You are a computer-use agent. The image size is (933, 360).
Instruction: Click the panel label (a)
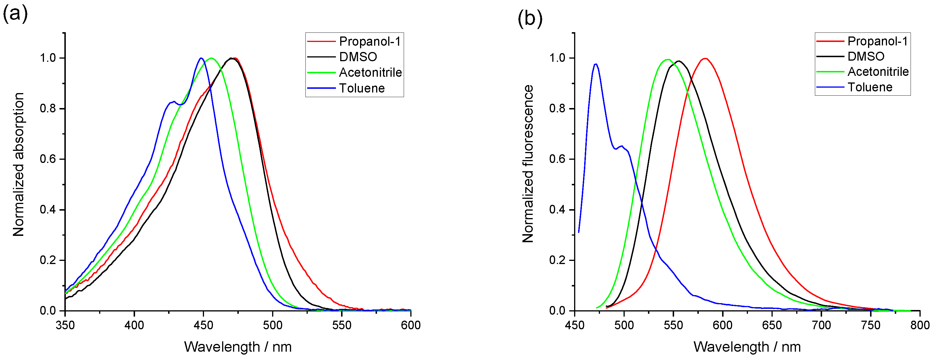[x=15, y=14]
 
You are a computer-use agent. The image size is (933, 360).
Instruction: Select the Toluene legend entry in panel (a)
[x=361, y=88]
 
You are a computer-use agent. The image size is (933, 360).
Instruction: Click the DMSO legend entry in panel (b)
[x=866, y=57]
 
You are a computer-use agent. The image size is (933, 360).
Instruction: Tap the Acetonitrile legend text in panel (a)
[x=370, y=72]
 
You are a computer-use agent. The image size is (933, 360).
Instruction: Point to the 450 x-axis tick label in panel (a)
[x=203, y=325]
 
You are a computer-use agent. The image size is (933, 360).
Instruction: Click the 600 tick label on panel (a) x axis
[x=411, y=325]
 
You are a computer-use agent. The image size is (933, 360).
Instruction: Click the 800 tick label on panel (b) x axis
[x=919, y=325]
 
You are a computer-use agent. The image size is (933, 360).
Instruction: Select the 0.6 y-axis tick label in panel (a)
[x=47, y=159]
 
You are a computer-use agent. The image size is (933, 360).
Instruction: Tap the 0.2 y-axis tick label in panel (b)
[x=557, y=260]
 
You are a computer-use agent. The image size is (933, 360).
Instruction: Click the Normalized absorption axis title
[x=18, y=165]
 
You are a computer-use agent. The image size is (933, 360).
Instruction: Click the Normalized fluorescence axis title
[x=528, y=164]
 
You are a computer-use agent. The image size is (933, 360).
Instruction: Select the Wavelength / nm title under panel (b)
[x=747, y=347]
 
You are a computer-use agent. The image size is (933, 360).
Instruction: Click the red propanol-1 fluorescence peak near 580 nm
[x=705, y=58]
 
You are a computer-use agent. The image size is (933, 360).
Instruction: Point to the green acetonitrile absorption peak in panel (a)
[x=211, y=58]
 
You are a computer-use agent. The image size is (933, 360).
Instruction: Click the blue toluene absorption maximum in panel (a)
[x=201, y=58]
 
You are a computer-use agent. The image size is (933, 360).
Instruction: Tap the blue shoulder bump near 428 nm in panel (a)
[x=174, y=102]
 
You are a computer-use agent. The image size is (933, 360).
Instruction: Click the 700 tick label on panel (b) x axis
[x=821, y=325]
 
